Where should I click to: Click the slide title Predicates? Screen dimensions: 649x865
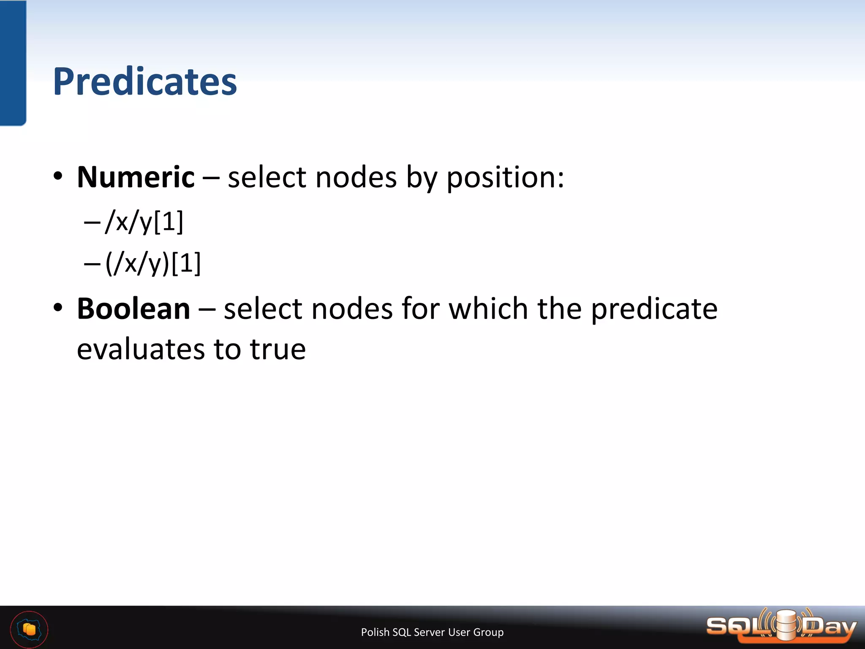point(145,82)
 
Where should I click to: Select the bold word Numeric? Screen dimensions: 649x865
point(136,177)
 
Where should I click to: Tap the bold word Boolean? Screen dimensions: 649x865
point(133,309)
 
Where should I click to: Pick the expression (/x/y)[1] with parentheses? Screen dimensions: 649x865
point(153,263)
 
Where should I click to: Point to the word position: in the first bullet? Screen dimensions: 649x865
point(505,178)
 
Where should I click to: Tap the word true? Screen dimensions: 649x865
point(277,350)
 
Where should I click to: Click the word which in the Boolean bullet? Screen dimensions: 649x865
point(488,308)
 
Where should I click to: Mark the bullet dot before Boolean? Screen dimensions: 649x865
point(58,308)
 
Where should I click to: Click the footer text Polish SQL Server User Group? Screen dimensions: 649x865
point(432,632)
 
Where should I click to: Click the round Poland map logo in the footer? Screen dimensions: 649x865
point(29,630)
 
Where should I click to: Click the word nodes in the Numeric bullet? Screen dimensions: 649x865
point(356,177)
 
